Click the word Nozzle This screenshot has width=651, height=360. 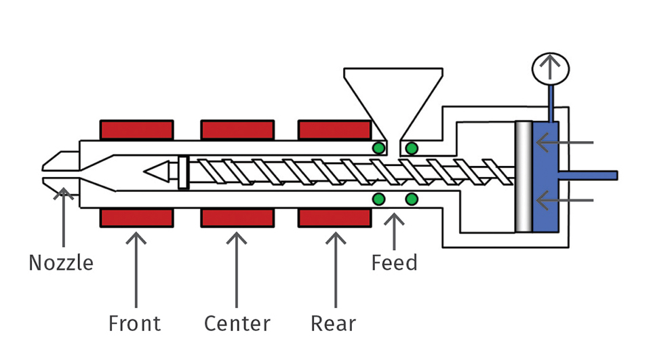60,262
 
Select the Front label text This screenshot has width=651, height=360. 135,323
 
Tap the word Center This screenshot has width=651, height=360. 237,323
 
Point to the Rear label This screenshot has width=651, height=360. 333,323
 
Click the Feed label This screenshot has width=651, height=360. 394,262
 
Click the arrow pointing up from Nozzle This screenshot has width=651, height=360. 64,217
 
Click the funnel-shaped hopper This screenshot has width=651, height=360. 393,95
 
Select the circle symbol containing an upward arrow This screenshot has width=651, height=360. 550,68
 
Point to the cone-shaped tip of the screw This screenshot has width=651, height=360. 158,172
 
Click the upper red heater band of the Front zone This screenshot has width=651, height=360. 136,129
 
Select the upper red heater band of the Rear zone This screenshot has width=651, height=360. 334,129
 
